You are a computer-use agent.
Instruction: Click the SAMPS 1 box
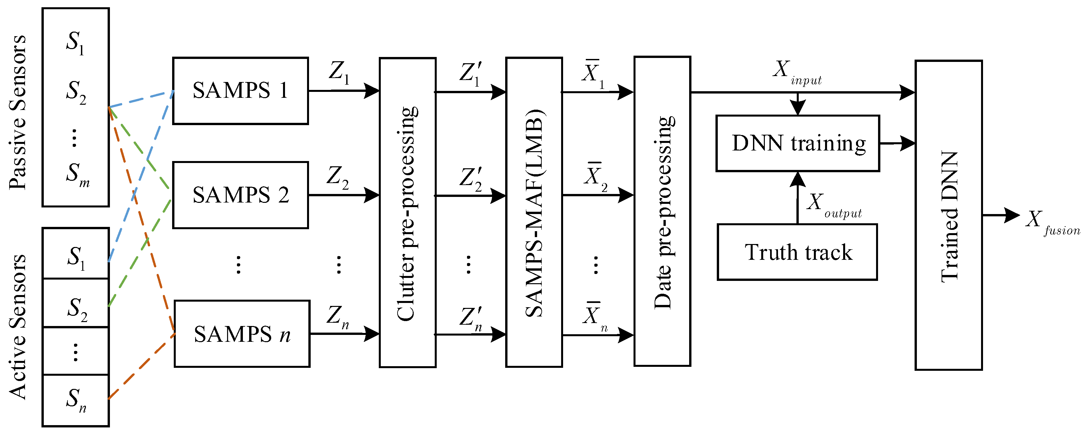pos(240,91)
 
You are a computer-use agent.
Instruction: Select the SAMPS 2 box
pos(240,195)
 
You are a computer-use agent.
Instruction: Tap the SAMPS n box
pos(242,334)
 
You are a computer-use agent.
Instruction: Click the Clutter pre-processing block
pos(407,213)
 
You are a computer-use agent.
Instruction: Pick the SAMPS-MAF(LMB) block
pos(533,213)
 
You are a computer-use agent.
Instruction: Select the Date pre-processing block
pos(662,212)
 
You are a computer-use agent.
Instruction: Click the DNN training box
pos(797,144)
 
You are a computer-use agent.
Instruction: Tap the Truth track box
pos(797,252)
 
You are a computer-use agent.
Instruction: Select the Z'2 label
pos(471,179)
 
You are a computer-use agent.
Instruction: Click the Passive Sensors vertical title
pos(18,112)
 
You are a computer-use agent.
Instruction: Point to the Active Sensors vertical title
pos(18,327)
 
